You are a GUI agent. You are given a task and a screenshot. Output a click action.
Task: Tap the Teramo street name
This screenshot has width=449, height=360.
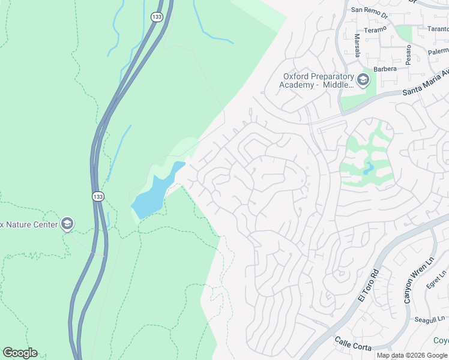(x=376, y=29)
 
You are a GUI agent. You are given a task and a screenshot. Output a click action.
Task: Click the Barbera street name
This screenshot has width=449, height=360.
(x=385, y=69)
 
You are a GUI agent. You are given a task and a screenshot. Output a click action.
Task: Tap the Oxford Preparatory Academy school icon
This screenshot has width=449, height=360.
(x=363, y=79)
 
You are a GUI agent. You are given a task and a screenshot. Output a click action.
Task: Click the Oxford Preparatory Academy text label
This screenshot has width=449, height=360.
(x=317, y=80)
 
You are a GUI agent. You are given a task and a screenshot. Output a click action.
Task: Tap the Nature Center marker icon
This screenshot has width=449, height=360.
(x=67, y=224)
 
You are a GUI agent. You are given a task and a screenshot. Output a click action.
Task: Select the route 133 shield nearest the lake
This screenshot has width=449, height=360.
(x=97, y=196)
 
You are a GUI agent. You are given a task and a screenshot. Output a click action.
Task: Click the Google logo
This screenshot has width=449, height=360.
(x=20, y=353)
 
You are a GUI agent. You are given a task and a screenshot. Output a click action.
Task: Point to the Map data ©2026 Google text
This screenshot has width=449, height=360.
(x=412, y=355)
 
